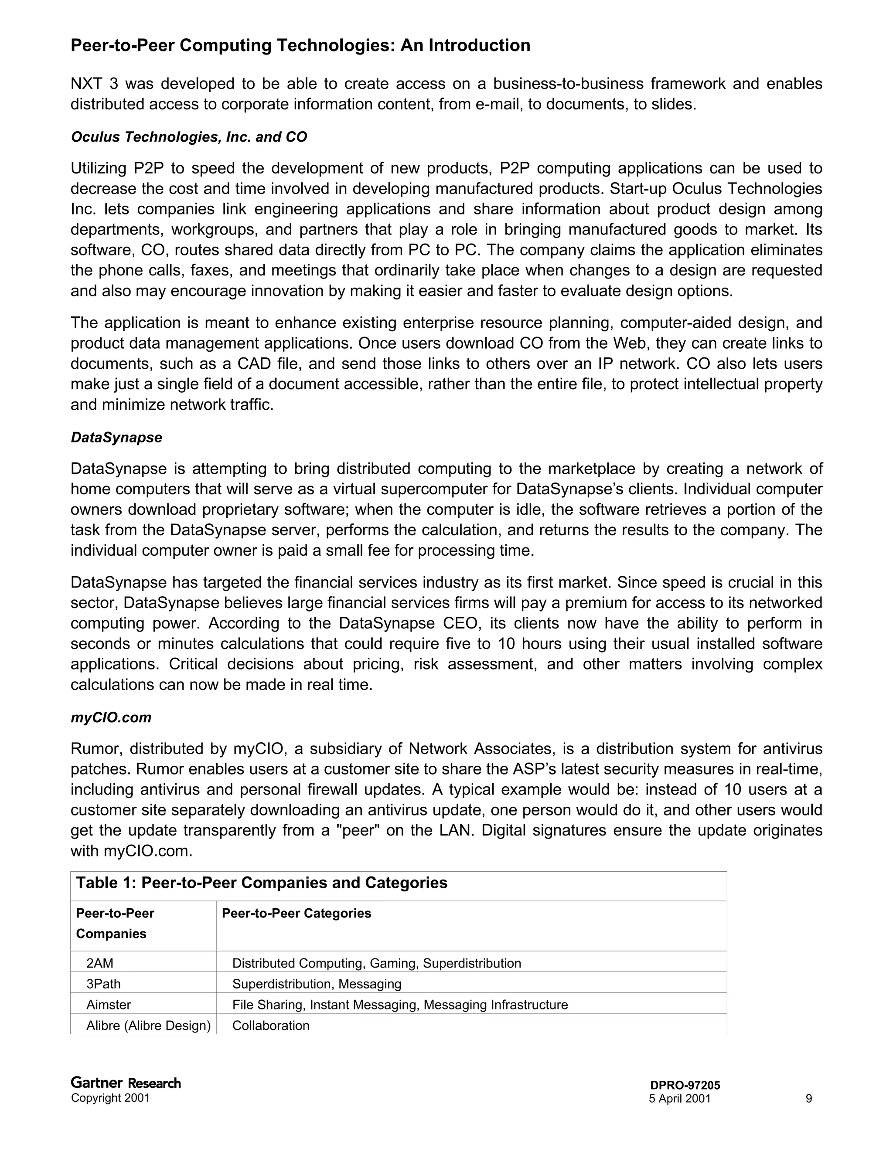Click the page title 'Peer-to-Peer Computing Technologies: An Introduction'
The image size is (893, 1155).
[x=300, y=45]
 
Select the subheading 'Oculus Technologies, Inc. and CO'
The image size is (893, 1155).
[x=189, y=137]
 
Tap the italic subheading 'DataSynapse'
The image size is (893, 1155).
[x=116, y=437]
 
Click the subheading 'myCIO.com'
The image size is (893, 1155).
[x=111, y=718]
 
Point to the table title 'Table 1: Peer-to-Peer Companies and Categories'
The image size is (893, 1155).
[x=261, y=883]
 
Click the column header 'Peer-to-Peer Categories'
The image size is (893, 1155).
[x=296, y=913]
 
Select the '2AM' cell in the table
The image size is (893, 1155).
[x=100, y=963]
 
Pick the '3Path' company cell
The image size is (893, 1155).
[x=103, y=984]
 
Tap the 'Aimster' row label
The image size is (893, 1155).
[x=109, y=1004]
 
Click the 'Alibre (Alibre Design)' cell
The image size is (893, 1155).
[x=148, y=1026]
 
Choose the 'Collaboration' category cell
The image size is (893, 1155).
[x=271, y=1026]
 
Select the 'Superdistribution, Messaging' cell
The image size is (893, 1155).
[x=317, y=984]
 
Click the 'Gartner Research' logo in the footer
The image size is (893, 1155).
[x=126, y=1083]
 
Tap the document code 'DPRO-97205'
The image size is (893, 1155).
[x=685, y=1085]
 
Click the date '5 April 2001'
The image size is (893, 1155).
[x=680, y=1098]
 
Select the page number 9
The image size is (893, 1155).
[x=808, y=1098]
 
